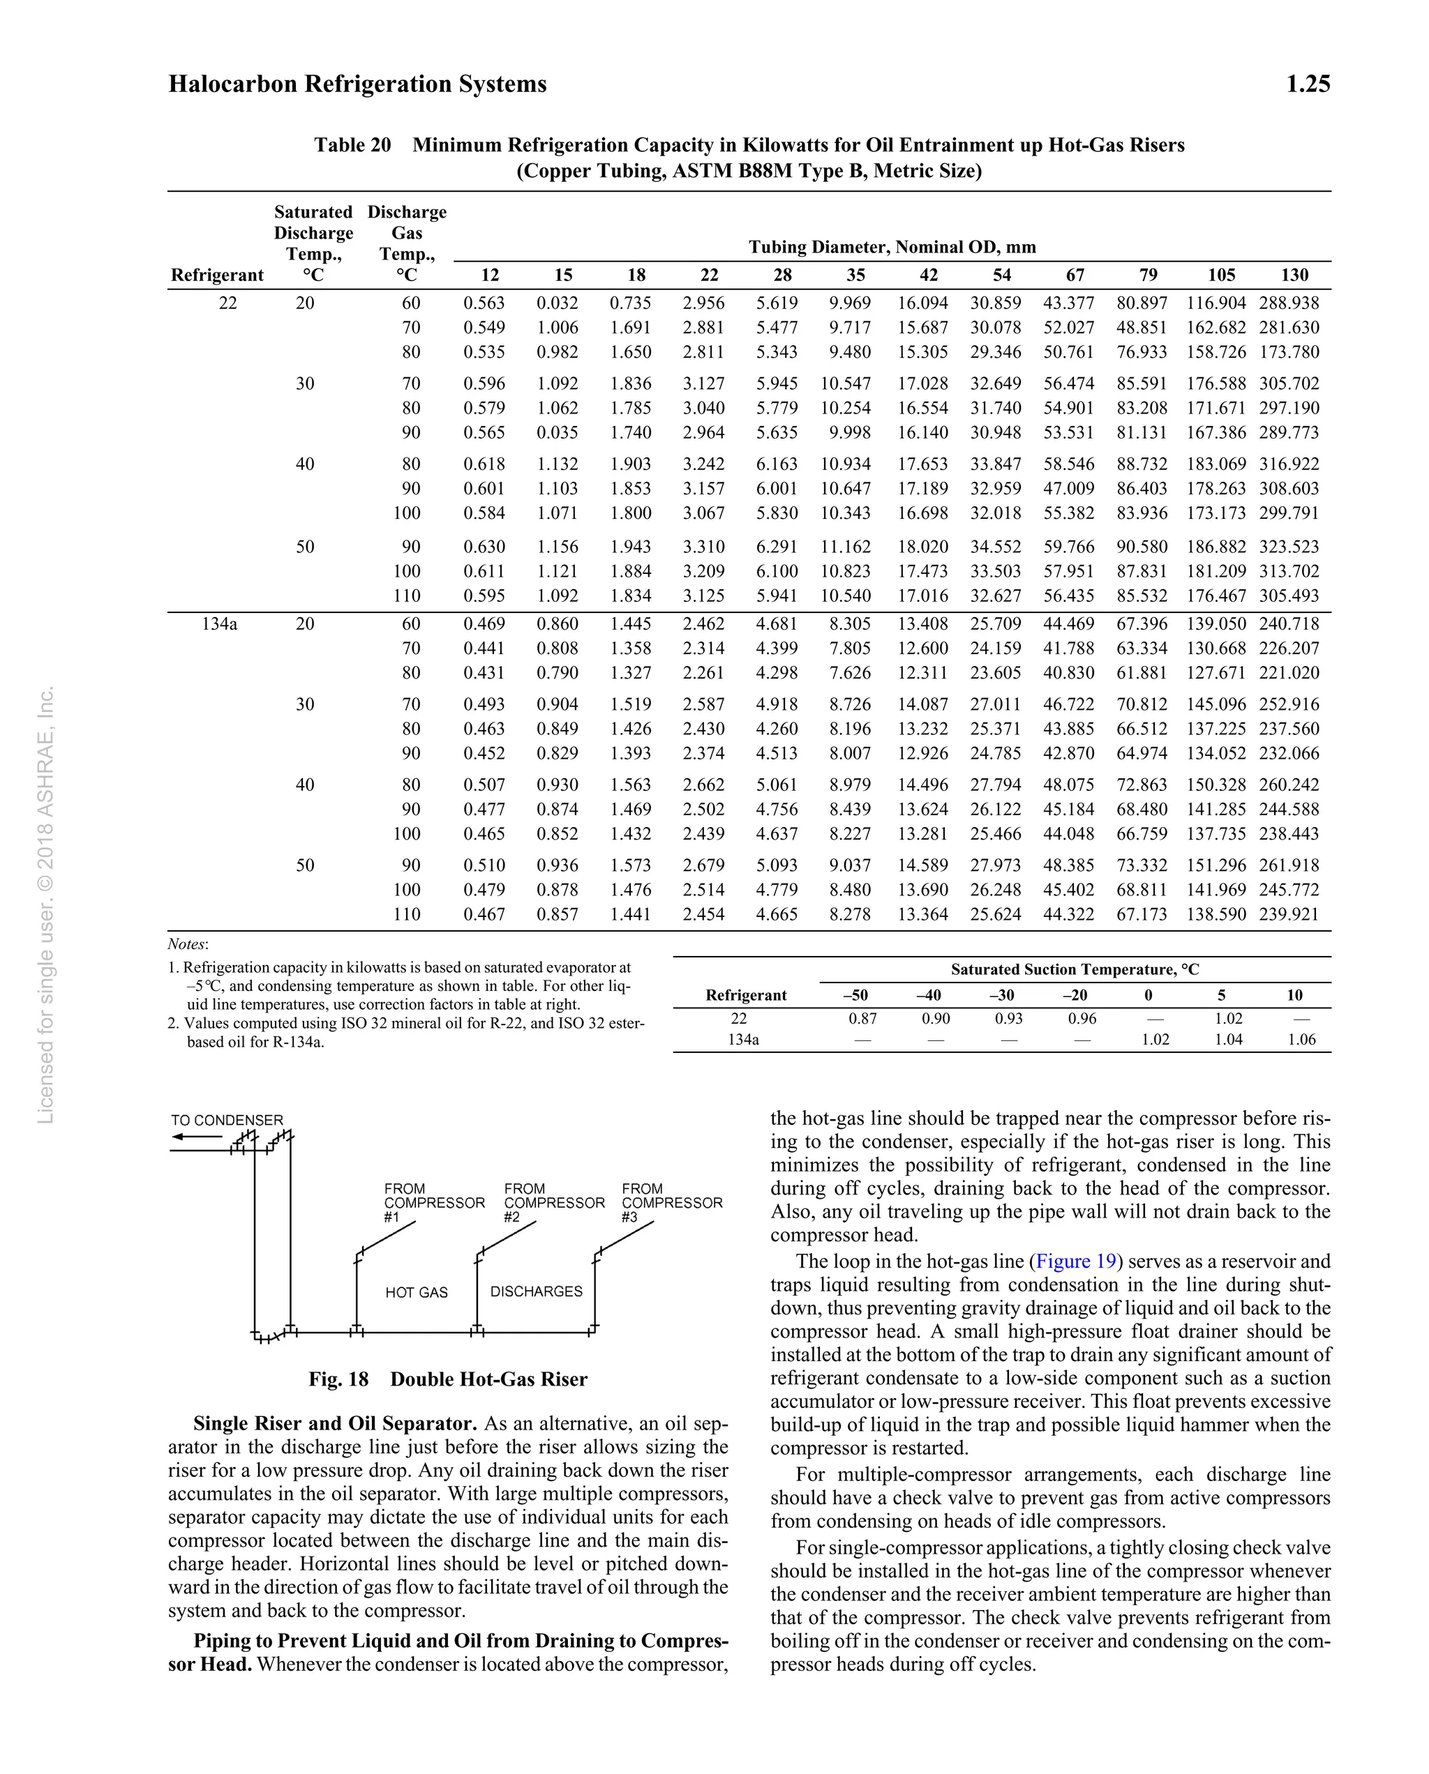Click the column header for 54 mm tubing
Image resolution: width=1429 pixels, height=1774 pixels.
1001,275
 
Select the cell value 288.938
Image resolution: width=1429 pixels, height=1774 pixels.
1288,303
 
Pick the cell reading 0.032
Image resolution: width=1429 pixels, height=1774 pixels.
558,303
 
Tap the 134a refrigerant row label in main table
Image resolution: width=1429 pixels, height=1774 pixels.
219,623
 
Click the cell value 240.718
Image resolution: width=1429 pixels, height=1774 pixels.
1288,623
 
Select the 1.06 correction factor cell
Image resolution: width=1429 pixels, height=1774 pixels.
1301,1039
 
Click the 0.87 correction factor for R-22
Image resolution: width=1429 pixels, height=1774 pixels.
862,1018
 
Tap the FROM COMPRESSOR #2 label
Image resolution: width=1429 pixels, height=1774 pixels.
553,1202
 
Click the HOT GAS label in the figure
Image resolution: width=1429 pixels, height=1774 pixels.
417,1292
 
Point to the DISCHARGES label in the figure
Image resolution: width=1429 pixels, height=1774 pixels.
536,1291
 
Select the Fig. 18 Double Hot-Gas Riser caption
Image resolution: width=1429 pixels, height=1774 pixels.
448,1379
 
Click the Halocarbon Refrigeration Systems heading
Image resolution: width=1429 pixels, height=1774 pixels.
357,84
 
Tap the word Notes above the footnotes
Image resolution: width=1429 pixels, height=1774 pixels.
188,943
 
